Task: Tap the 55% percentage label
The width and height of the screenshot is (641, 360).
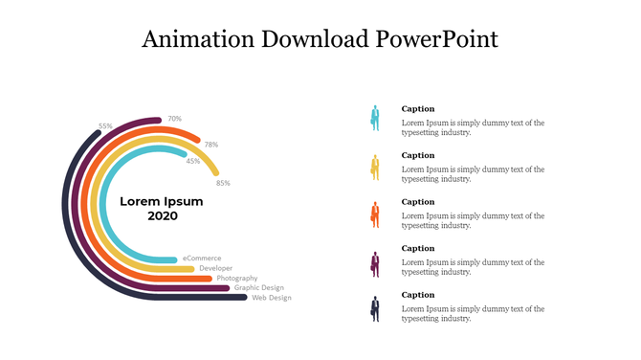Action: tap(105, 126)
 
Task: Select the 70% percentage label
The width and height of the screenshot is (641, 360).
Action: tap(174, 119)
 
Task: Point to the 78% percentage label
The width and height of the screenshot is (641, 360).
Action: tap(210, 145)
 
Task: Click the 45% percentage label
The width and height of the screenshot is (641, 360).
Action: tap(193, 161)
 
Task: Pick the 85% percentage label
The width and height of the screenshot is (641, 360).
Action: tap(223, 183)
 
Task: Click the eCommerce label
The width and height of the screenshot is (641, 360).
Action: tap(202, 258)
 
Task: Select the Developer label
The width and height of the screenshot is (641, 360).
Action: tap(215, 268)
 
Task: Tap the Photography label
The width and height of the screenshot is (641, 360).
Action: tap(236, 278)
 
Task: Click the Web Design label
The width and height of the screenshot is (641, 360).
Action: tap(272, 298)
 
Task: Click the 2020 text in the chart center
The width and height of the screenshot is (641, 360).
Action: tap(162, 216)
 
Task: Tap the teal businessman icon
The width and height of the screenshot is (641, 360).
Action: tap(375, 119)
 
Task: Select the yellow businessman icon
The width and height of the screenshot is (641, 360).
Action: tap(375, 167)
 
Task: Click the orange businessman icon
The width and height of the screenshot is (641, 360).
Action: tap(375, 214)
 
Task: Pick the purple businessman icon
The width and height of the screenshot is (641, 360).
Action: tap(375, 262)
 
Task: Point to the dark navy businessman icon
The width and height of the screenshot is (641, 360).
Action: tap(375, 308)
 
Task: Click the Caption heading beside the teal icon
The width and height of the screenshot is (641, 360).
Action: tap(417, 109)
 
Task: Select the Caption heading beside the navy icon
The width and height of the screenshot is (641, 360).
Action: tap(417, 295)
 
